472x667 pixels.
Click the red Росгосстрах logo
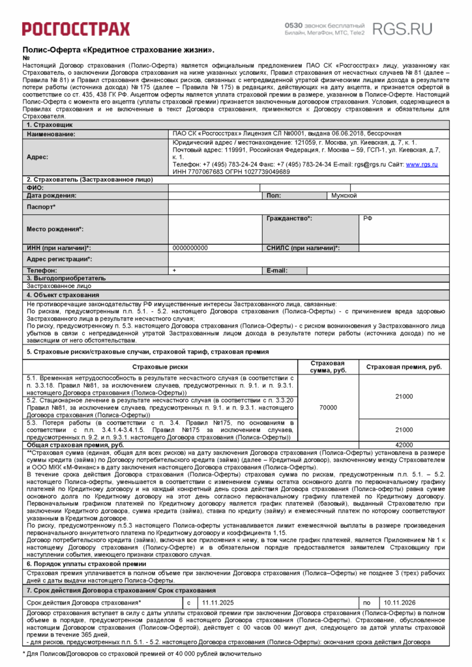click(76, 28)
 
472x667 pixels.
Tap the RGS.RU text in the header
click(402, 28)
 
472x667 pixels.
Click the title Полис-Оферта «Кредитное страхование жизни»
click(119, 50)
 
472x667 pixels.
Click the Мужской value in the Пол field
click(344, 195)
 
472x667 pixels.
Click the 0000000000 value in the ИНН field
click(190, 248)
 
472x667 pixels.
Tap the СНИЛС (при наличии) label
click(302, 248)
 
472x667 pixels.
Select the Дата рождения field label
click(52, 195)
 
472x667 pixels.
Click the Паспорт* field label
click(41, 206)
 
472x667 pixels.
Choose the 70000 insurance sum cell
click(327, 407)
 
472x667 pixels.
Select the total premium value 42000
click(404, 444)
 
